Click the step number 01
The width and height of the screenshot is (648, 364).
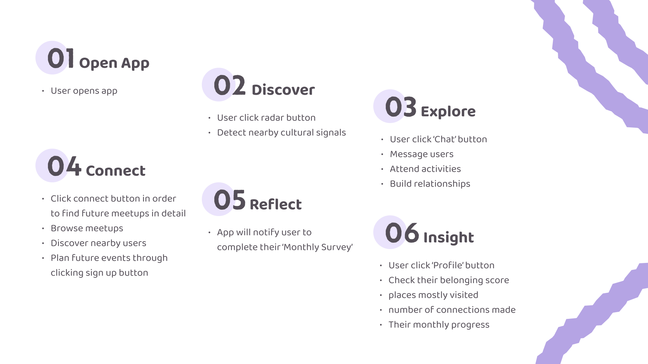click(x=61, y=58)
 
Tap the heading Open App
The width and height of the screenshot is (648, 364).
click(x=114, y=63)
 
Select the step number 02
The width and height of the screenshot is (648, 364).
click(x=230, y=85)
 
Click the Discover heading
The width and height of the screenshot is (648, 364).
click(x=283, y=90)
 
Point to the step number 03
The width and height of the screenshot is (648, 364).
click(x=401, y=107)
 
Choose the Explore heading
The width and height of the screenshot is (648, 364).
click(x=448, y=112)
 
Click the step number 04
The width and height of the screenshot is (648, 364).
click(x=64, y=166)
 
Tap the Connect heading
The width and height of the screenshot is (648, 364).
click(x=116, y=171)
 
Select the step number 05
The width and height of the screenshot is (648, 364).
click(x=230, y=200)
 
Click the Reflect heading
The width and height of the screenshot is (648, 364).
click(x=276, y=205)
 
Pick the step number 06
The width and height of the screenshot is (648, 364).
click(x=402, y=233)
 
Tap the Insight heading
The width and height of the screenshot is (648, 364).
click(x=449, y=238)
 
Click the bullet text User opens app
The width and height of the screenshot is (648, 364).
click(x=84, y=91)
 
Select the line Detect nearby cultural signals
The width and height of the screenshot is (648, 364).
click(x=281, y=133)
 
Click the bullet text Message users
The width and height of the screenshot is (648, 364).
click(x=422, y=154)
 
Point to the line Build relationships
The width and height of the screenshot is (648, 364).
click(x=430, y=184)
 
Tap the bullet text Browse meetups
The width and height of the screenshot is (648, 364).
click(x=87, y=229)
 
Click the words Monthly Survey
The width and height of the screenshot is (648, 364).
click(x=318, y=247)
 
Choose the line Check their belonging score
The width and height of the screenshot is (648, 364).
click(x=449, y=280)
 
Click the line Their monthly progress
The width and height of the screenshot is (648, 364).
click(x=439, y=325)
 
